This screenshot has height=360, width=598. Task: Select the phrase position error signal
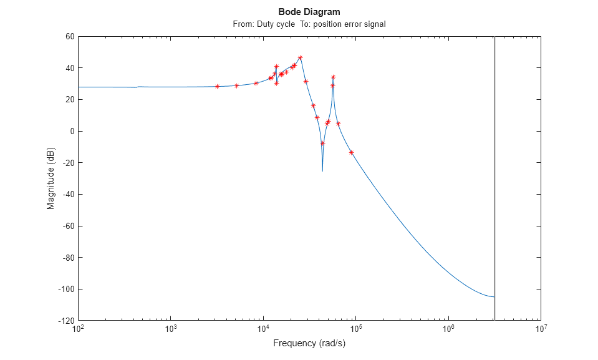(349, 24)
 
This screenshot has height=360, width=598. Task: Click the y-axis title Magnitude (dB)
(51, 178)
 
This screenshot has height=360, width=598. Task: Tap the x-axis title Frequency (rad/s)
(309, 343)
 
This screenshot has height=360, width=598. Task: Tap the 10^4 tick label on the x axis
(263, 329)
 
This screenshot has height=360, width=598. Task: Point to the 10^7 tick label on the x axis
(540, 329)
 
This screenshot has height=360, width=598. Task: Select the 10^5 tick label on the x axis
(355, 329)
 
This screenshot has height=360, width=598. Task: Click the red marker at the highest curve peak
(300, 57)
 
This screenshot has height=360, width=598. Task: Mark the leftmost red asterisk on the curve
(217, 86)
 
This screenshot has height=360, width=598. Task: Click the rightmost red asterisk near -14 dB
(351, 152)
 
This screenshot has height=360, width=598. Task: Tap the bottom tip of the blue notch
(322, 170)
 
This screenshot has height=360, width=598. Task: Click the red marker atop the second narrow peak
(333, 77)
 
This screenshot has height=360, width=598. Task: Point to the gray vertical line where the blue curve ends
(494, 297)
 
